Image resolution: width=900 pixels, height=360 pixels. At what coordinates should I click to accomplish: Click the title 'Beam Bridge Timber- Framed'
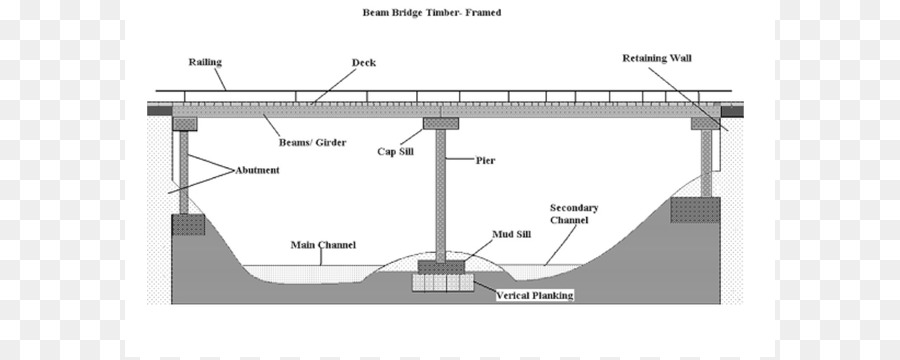(x=432, y=13)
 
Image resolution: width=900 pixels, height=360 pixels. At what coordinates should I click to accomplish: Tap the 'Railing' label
(x=205, y=62)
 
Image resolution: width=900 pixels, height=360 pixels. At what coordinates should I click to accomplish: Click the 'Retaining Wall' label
(x=656, y=58)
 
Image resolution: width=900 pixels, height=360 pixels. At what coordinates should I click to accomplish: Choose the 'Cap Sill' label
(x=394, y=151)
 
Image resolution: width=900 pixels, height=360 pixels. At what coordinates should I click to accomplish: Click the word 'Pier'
(x=486, y=160)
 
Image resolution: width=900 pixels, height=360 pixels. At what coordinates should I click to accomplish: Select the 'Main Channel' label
(x=323, y=244)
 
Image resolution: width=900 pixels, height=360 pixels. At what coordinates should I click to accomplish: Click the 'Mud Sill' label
(x=509, y=235)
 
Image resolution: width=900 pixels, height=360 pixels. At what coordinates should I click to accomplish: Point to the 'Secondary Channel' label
(x=574, y=214)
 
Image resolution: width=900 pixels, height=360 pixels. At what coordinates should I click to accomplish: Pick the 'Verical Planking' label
(x=539, y=296)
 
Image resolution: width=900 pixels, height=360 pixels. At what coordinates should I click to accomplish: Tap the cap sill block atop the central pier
(x=440, y=124)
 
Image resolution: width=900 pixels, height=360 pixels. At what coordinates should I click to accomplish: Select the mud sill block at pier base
(x=440, y=266)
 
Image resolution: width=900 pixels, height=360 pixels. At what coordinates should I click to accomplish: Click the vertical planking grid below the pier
(x=440, y=283)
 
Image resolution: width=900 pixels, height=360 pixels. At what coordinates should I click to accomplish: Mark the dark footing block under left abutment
(x=188, y=224)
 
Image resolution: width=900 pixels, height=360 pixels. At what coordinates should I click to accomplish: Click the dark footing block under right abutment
(x=694, y=210)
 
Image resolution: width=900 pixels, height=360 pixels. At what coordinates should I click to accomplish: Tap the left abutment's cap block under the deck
(x=186, y=124)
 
